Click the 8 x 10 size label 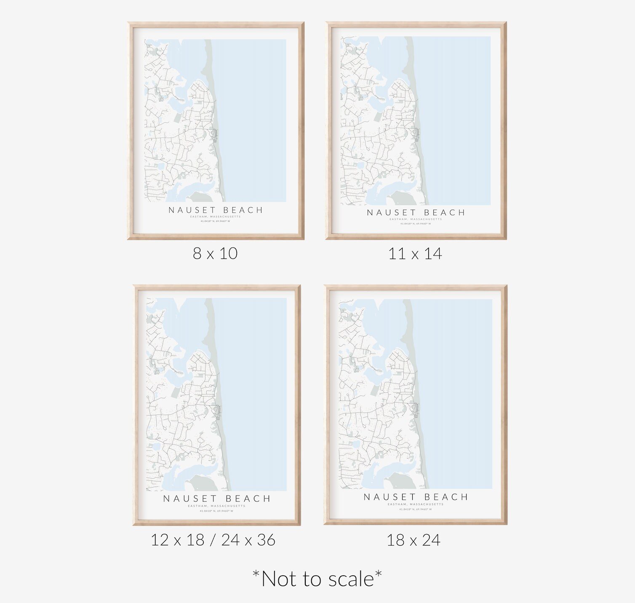215,253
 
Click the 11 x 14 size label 415,254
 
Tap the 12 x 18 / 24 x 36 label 213,540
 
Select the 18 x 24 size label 414,540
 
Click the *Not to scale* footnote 317,579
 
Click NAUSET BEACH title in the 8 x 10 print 216,210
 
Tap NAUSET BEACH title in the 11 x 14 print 416,213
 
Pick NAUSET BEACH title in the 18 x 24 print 416,497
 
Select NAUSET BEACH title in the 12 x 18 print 217,499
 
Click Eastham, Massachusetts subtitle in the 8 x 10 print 216,217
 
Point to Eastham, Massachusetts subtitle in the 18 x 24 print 416,504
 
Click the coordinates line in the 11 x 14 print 416,224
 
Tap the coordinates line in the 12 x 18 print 216,511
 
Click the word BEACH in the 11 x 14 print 444,213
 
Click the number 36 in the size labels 266,540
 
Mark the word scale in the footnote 351,579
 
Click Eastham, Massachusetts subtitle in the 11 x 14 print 416,219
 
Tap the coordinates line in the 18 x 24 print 416,509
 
